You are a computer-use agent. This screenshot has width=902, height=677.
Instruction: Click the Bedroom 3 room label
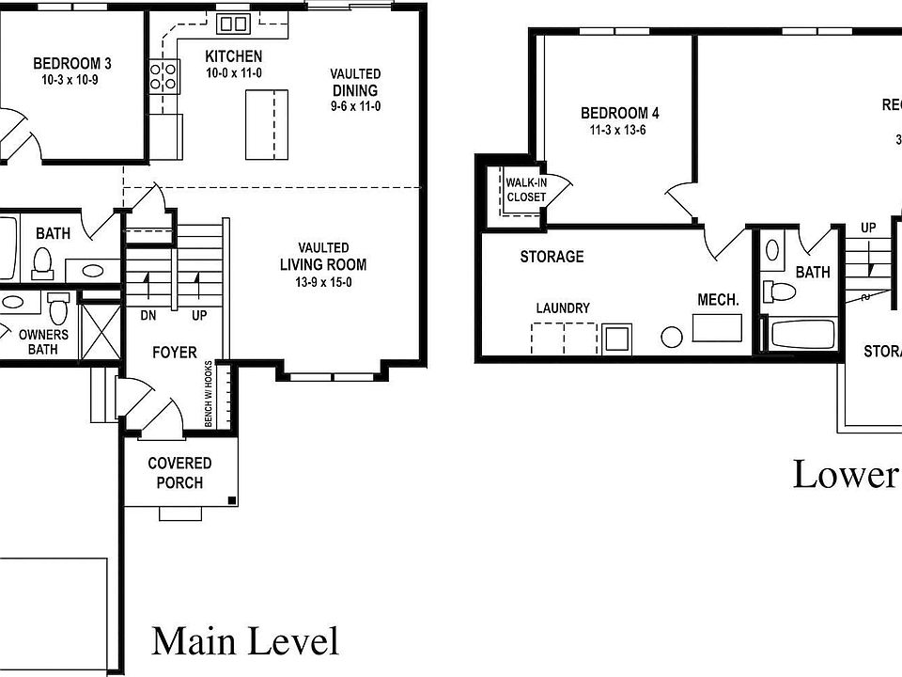[72, 64]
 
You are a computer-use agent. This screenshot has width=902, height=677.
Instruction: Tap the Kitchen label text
[234, 56]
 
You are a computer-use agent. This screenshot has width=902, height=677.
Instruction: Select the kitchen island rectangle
[266, 124]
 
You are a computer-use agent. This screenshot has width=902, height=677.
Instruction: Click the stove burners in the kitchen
[164, 75]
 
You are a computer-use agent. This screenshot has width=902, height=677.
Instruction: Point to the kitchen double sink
[232, 24]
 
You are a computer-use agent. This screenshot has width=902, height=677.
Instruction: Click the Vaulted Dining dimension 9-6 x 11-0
[355, 106]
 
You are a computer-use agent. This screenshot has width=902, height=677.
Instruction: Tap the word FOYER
[176, 353]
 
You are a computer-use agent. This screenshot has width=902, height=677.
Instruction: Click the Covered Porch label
[179, 473]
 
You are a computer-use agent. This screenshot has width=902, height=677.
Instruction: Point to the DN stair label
[148, 315]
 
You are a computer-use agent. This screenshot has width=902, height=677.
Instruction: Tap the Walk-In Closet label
[526, 190]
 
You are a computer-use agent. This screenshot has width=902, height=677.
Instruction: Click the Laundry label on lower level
[563, 307]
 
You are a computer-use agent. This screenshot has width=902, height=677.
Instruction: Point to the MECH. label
[718, 300]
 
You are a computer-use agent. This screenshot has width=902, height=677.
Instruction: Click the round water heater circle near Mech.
[672, 337]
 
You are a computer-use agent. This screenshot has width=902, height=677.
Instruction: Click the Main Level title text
[244, 641]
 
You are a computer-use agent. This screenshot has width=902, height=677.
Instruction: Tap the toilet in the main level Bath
[41, 263]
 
